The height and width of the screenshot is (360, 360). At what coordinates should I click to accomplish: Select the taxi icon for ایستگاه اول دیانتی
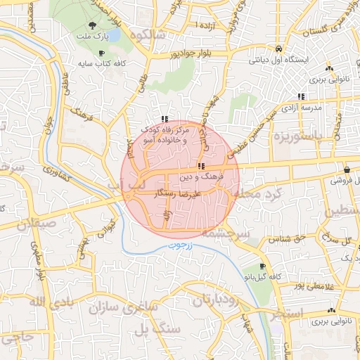pyautogui.click(x=281, y=49)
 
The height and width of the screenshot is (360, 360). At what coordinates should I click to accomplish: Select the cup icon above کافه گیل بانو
pyautogui.click(x=263, y=266)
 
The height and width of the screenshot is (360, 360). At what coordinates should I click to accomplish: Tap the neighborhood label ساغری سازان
pyautogui.click(x=122, y=308)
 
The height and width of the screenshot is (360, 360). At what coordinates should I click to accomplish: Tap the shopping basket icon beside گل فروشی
pyautogui.click(x=347, y=169)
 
